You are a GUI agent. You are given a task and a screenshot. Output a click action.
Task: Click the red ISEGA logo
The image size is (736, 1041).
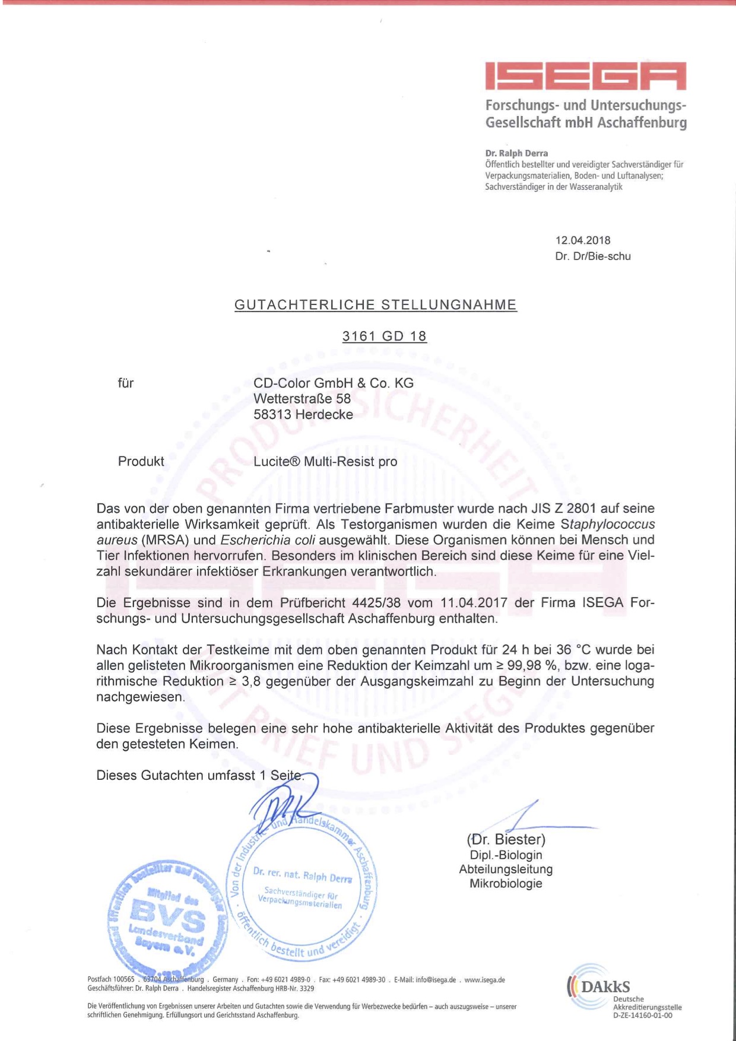pyautogui.click(x=585, y=76)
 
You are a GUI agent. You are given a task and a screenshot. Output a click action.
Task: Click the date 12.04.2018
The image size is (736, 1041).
pyautogui.click(x=582, y=240)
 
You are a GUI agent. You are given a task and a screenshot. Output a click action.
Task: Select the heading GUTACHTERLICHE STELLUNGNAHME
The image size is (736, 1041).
pyautogui.click(x=375, y=305)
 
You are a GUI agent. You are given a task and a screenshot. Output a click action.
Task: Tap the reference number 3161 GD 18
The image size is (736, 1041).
pyautogui.click(x=384, y=337)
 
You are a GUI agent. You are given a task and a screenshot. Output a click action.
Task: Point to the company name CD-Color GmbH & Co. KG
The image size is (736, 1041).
pyautogui.click(x=333, y=383)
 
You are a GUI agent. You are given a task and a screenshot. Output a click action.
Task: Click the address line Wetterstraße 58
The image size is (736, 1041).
pyautogui.click(x=302, y=399)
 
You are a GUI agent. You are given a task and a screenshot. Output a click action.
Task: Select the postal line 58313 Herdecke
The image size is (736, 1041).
pyautogui.click(x=303, y=414)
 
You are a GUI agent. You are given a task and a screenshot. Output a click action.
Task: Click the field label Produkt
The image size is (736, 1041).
pyautogui.click(x=141, y=462)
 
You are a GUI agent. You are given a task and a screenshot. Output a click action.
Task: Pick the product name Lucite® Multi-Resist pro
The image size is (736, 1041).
pyautogui.click(x=325, y=462)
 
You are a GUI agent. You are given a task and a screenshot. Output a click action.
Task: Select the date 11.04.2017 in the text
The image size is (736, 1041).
pyautogui.click(x=473, y=603)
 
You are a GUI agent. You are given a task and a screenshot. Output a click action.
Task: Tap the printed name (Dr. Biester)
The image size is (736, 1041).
pyautogui.click(x=506, y=839)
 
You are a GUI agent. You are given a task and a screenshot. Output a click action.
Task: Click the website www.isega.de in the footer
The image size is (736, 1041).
pyautogui.click(x=484, y=980)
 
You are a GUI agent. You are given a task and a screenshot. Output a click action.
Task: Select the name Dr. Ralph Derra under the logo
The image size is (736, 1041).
pyautogui.click(x=516, y=153)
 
